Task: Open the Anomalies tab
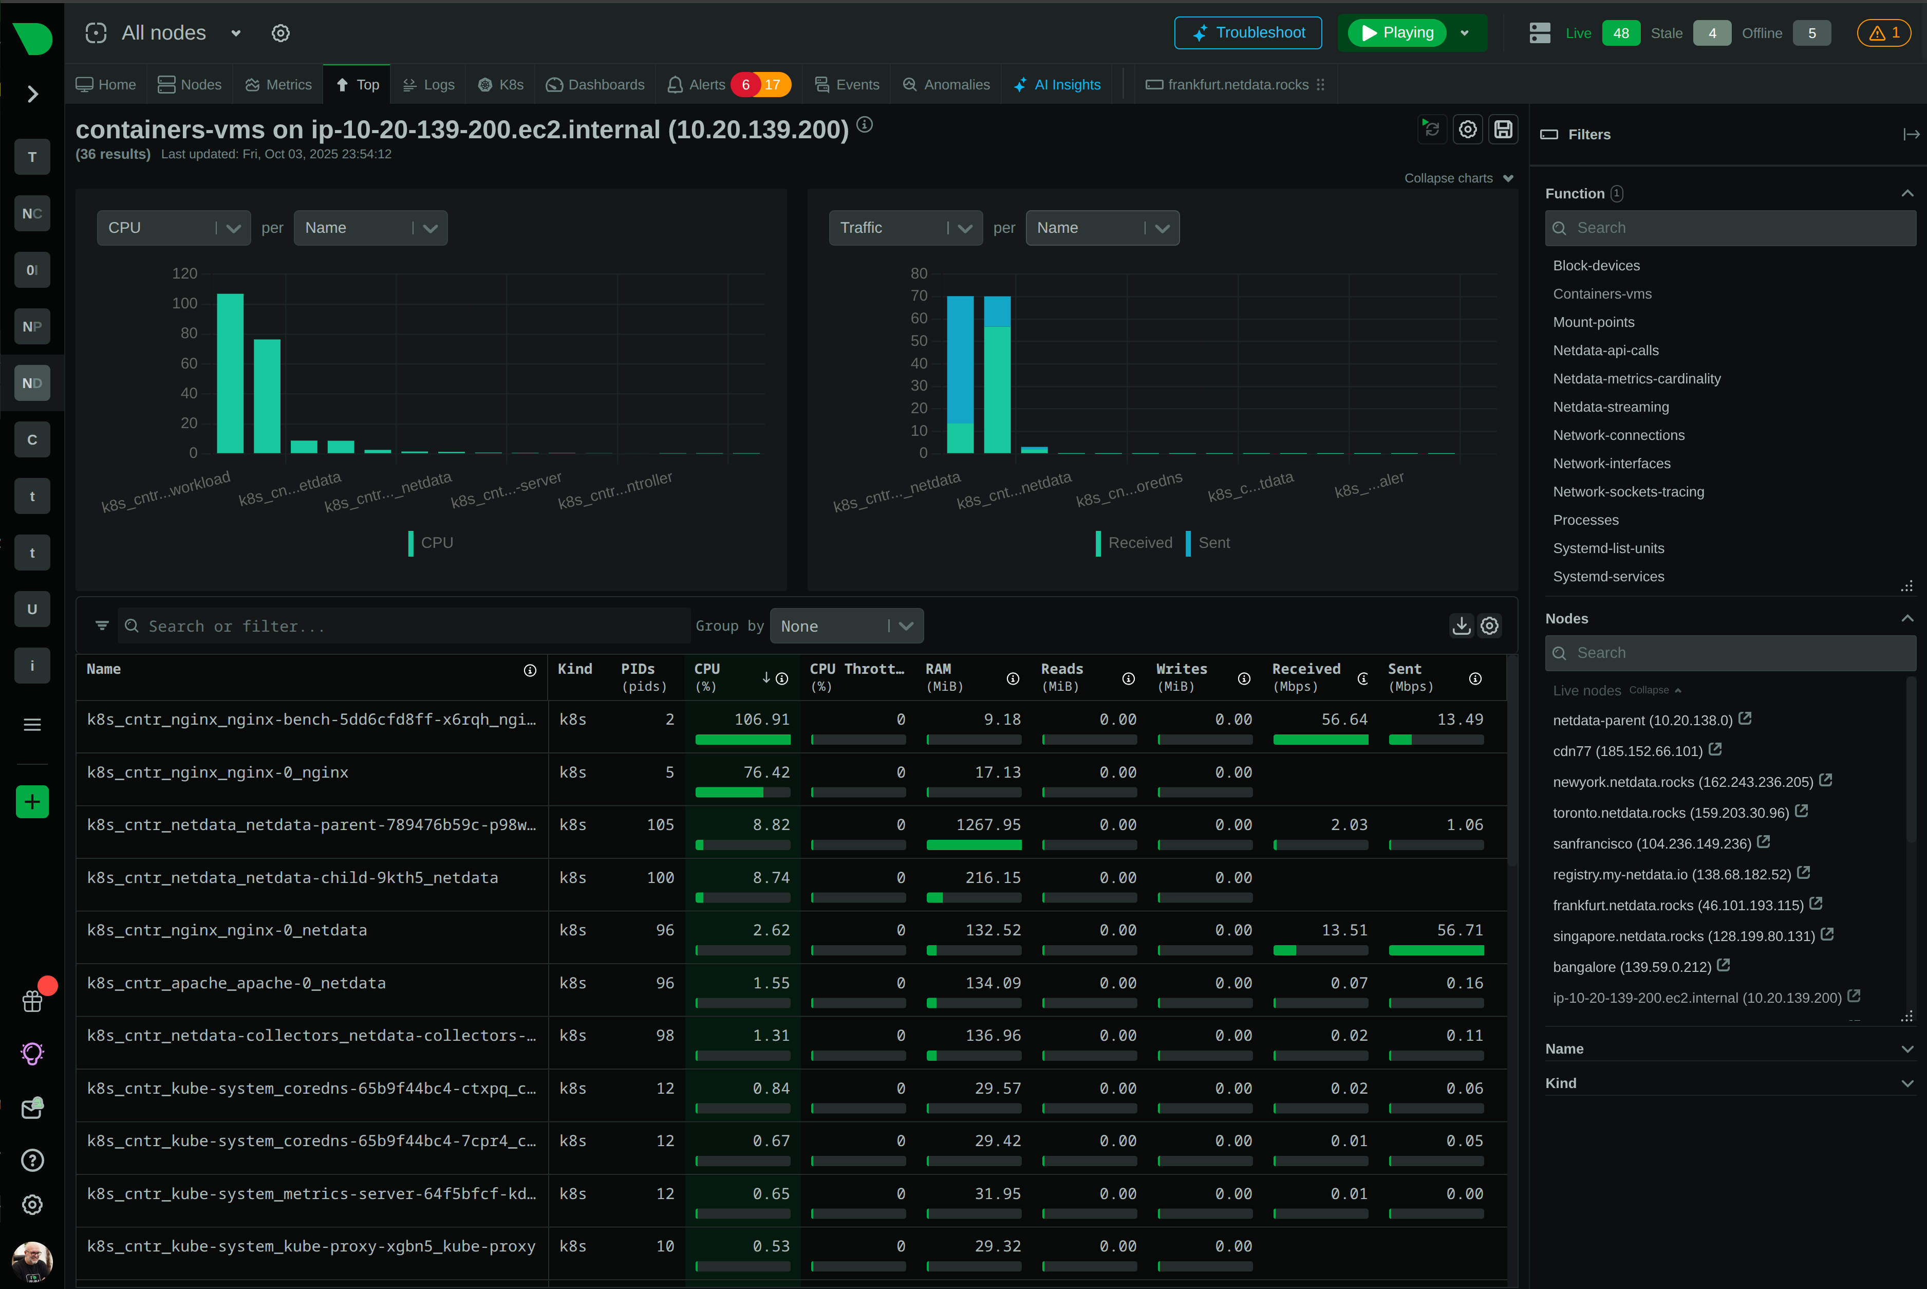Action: pos(947,85)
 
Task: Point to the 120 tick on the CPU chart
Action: pos(185,274)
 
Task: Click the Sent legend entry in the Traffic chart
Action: pos(1213,543)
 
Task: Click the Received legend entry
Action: pos(1139,543)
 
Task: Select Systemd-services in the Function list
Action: pos(1608,576)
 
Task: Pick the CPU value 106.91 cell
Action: pos(761,720)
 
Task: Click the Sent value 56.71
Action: pos(1460,930)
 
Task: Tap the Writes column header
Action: pos(1181,669)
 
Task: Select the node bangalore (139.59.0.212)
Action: pos(1631,967)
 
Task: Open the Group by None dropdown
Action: pos(846,627)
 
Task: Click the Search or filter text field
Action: pos(403,627)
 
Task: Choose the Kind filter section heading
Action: pos(1561,1083)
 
